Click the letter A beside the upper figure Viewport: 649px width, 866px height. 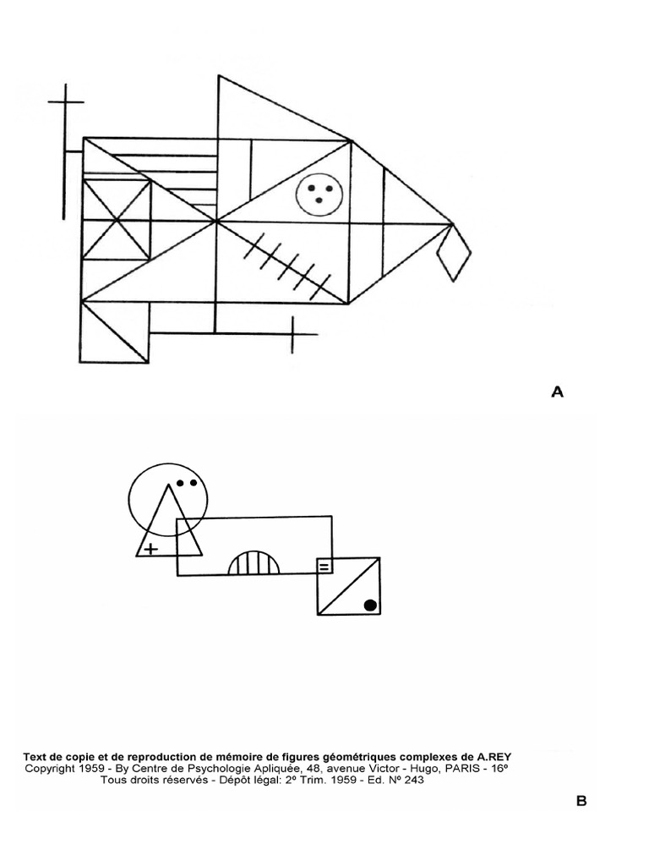tap(557, 392)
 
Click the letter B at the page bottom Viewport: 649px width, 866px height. tap(581, 801)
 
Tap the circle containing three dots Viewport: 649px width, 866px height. tap(319, 193)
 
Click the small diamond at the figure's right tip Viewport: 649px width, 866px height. tap(454, 251)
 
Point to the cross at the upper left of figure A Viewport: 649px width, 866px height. tap(65, 102)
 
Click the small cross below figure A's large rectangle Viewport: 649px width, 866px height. tap(292, 334)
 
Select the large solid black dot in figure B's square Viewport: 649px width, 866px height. tap(369, 604)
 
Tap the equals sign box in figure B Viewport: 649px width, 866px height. tap(324, 566)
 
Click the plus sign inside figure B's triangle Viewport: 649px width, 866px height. tap(150, 549)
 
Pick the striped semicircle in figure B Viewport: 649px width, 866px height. tap(254, 563)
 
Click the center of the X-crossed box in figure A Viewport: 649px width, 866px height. tap(117, 220)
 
